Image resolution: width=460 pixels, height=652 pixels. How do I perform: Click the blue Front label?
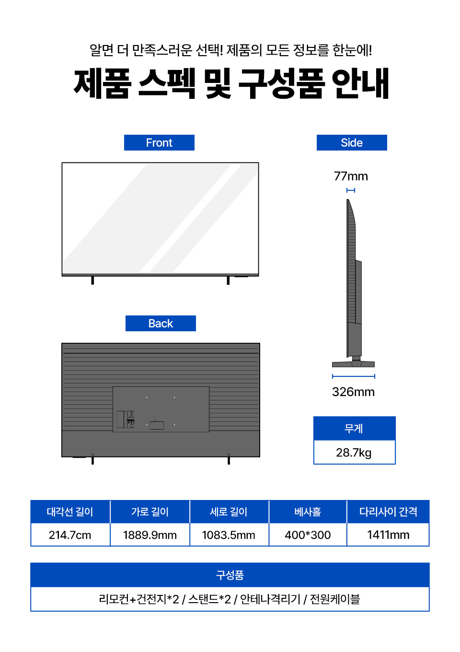[159, 143]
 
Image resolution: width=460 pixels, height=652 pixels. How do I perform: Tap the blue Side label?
[352, 143]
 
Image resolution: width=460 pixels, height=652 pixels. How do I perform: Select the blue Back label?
[161, 324]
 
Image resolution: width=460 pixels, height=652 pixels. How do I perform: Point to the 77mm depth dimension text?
[351, 176]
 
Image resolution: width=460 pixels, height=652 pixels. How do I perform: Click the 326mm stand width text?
[353, 392]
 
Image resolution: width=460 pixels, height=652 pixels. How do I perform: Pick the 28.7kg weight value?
[354, 453]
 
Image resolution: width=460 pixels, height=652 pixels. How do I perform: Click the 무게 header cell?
[355, 429]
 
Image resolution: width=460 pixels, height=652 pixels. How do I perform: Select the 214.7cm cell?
[70, 535]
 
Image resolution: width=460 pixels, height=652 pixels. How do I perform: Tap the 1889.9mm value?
[150, 535]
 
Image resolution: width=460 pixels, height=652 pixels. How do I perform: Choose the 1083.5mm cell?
[229, 535]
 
